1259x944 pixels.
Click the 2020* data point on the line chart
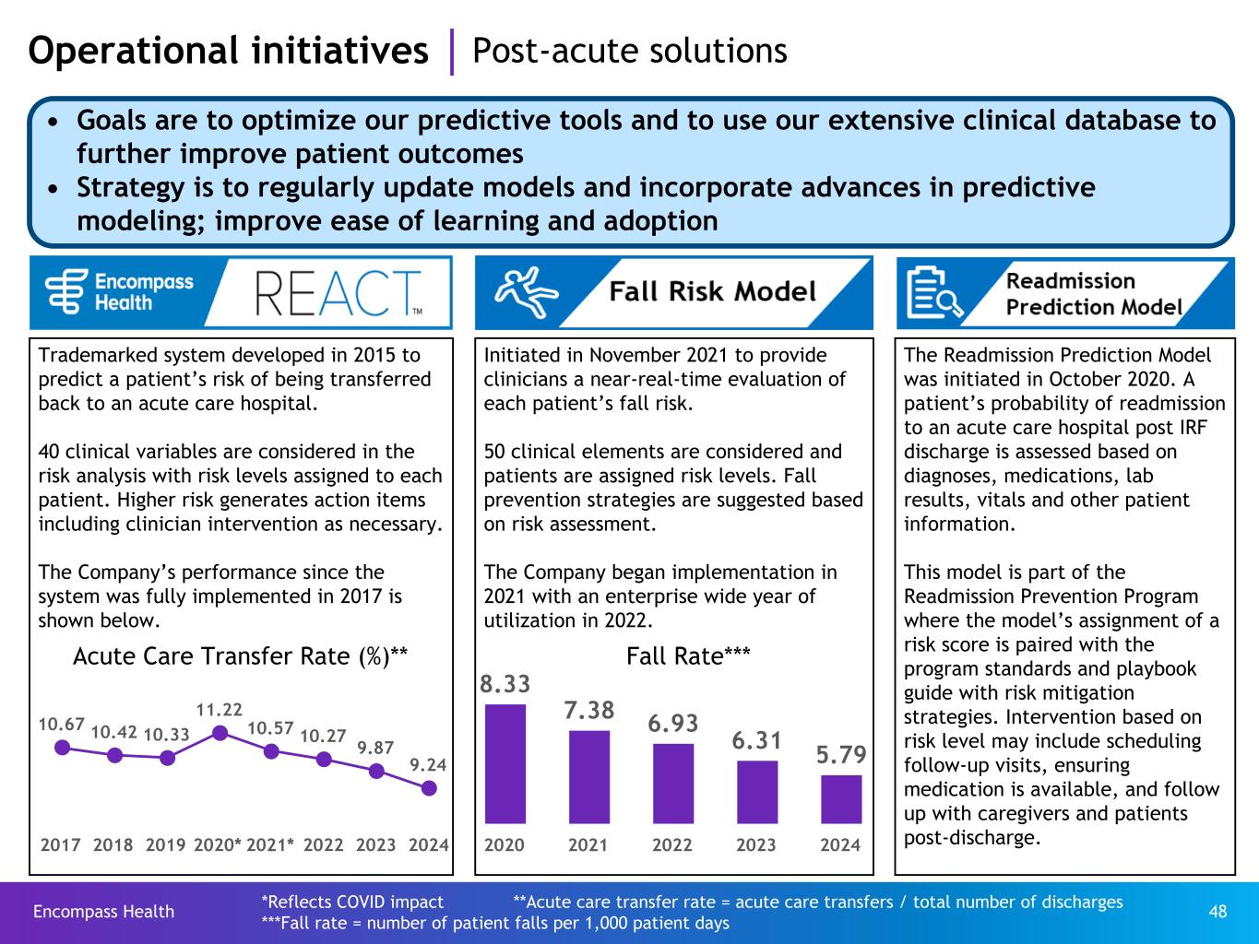[x=220, y=733]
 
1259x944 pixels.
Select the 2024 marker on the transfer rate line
[x=429, y=788]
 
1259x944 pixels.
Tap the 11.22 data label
[x=220, y=710]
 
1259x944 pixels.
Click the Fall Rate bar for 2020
[x=505, y=763]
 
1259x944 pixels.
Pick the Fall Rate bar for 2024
[x=841, y=798]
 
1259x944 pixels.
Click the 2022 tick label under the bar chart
[x=672, y=845]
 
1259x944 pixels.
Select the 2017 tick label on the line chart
[x=61, y=844]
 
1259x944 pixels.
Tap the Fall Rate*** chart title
[x=688, y=655]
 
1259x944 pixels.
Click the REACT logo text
[x=338, y=293]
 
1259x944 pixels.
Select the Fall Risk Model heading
[x=712, y=292]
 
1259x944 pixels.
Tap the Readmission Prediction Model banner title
[x=1093, y=293]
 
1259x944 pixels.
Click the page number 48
[x=1217, y=911]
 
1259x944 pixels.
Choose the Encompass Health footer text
[x=103, y=912]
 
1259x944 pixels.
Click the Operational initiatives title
[x=229, y=51]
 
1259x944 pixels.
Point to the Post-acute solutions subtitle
[x=629, y=51]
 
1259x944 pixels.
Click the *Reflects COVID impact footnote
[x=352, y=902]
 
